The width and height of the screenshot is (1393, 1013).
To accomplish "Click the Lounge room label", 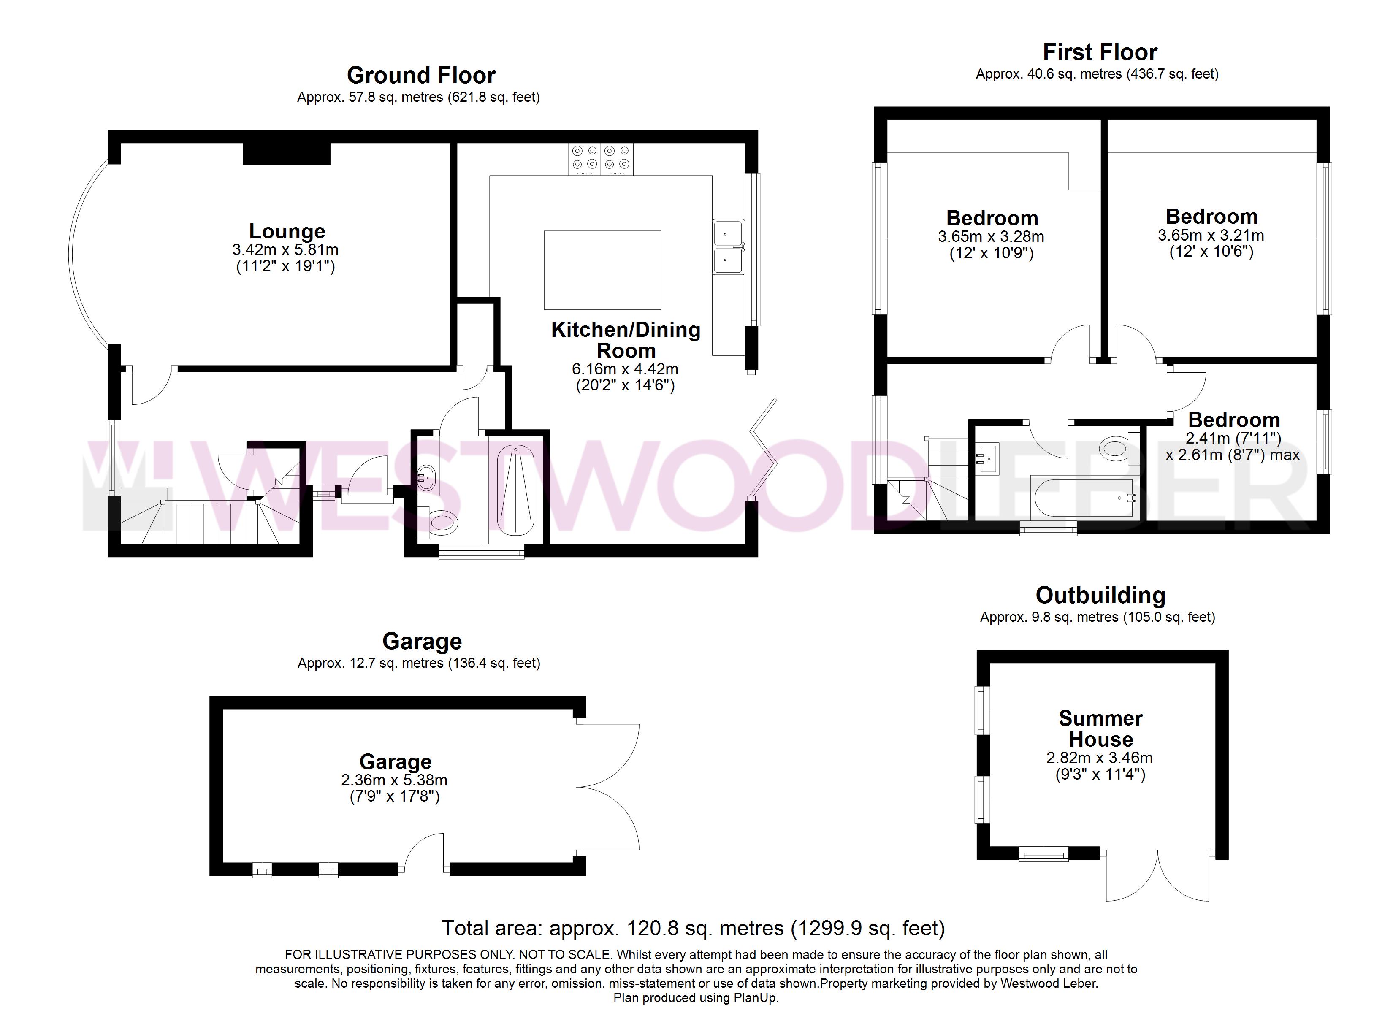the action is click(287, 232).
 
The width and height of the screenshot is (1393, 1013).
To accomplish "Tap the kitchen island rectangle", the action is click(602, 270).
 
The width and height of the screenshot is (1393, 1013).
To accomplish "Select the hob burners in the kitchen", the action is click(601, 159).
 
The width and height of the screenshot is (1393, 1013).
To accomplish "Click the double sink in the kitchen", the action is click(729, 246).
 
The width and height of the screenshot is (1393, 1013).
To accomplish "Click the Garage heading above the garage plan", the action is click(422, 641).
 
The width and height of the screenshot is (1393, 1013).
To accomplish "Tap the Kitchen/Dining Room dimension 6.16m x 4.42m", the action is click(625, 369).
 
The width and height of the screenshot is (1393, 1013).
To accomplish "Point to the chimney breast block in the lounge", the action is click(286, 154).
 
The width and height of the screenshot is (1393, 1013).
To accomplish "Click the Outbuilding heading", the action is click(1100, 595).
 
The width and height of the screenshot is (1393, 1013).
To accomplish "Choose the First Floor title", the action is click(1100, 52).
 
